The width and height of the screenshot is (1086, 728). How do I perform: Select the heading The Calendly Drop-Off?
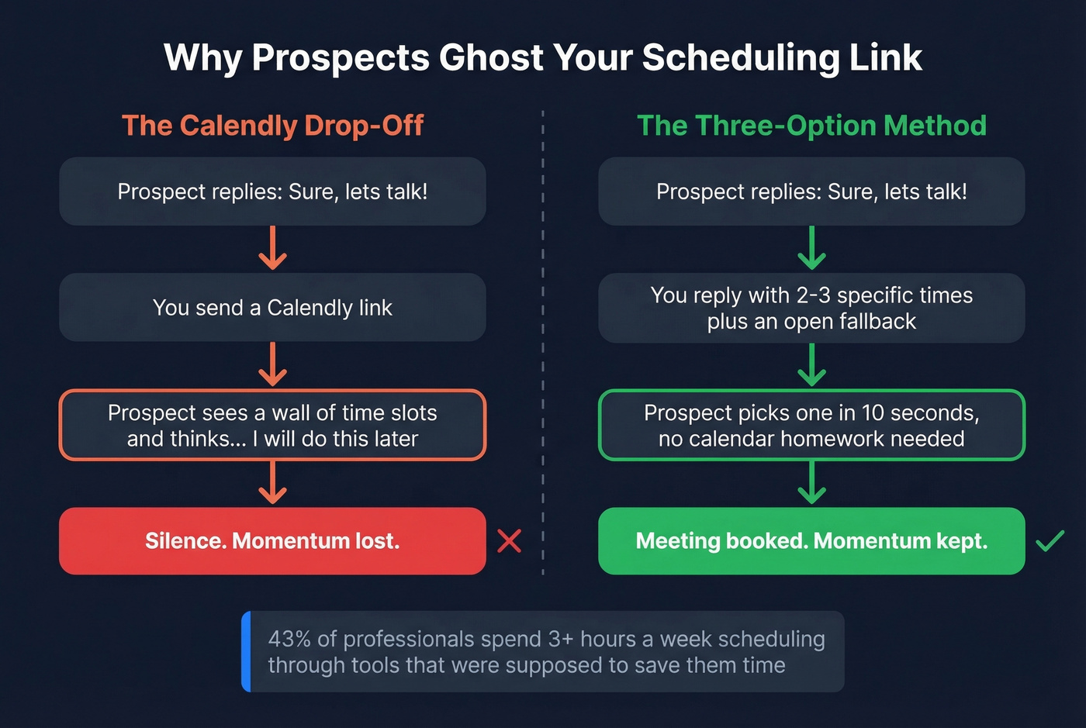tap(272, 126)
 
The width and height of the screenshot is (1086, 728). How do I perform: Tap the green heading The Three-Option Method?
tap(811, 126)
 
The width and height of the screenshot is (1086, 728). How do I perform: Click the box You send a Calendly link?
tap(272, 308)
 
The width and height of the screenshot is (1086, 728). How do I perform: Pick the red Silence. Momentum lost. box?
tap(272, 541)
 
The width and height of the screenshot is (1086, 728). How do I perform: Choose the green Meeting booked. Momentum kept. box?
tap(811, 541)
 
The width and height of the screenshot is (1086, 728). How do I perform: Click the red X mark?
tap(509, 541)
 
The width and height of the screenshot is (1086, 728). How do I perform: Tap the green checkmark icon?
tap(1050, 540)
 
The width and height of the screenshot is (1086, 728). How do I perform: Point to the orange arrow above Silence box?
tap(272, 482)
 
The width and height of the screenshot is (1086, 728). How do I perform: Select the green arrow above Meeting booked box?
tap(811, 482)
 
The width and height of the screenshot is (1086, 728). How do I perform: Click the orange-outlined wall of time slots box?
tap(272, 426)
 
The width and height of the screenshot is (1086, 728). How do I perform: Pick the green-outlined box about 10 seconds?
tap(811, 426)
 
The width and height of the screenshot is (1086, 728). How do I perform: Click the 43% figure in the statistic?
tap(289, 639)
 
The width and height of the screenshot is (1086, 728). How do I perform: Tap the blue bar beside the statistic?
tap(246, 651)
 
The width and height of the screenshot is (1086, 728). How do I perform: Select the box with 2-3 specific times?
tap(811, 308)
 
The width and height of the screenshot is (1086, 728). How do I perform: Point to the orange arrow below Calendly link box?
tap(272, 364)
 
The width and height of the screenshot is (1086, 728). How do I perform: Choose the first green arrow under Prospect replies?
tap(811, 248)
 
